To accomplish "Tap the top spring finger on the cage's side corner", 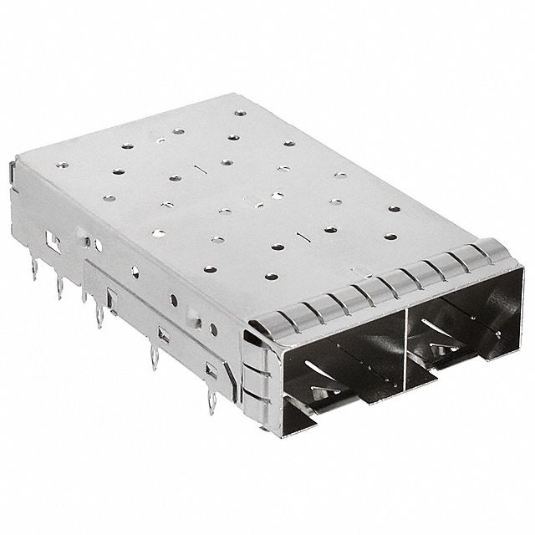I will click(x=255, y=351).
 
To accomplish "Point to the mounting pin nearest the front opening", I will click(x=211, y=401).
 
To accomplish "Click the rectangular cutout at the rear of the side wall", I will click(x=52, y=238).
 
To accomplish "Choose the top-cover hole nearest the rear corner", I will click(x=241, y=112).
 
